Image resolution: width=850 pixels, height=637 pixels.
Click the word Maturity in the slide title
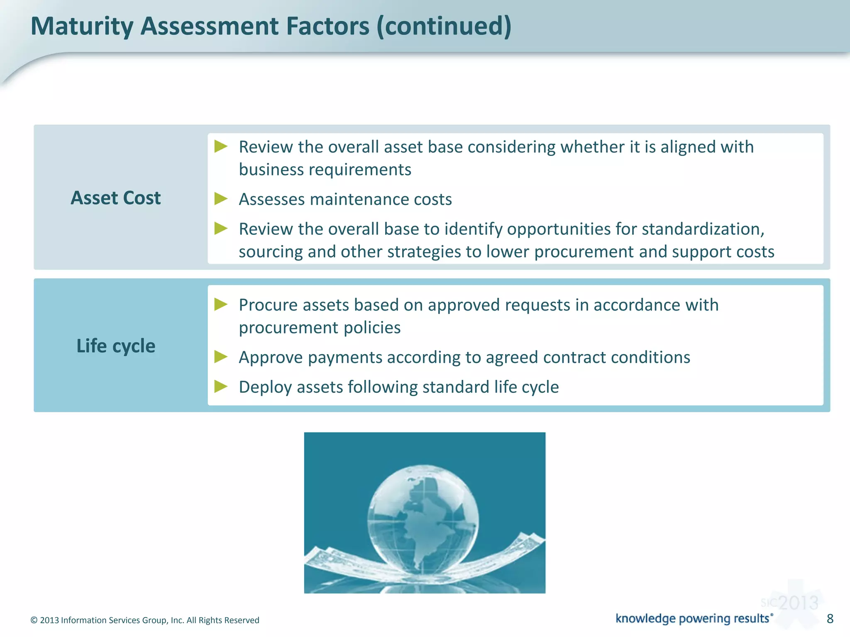pyautogui.click(x=82, y=26)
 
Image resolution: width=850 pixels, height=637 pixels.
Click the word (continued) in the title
pyautogui.click(x=444, y=26)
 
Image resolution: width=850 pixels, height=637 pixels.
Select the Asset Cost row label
pyautogui.click(x=115, y=198)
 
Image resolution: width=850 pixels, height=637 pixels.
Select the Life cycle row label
pyautogui.click(x=115, y=346)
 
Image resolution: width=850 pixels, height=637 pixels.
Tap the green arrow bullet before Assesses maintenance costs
pyautogui.click(x=221, y=199)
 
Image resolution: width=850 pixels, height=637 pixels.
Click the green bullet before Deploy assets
pyautogui.click(x=221, y=387)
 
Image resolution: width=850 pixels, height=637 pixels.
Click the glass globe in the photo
pyautogui.click(x=423, y=518)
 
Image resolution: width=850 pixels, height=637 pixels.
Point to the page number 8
pyautogui.click(x=830, y=619)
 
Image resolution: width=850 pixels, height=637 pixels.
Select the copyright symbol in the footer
pyautogui.click(x=34, y=620)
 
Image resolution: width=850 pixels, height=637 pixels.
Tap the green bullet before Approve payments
pyautogui.click(x=221, y=357)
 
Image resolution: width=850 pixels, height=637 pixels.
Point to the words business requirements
pyautogui.click(x=325, y=170)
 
